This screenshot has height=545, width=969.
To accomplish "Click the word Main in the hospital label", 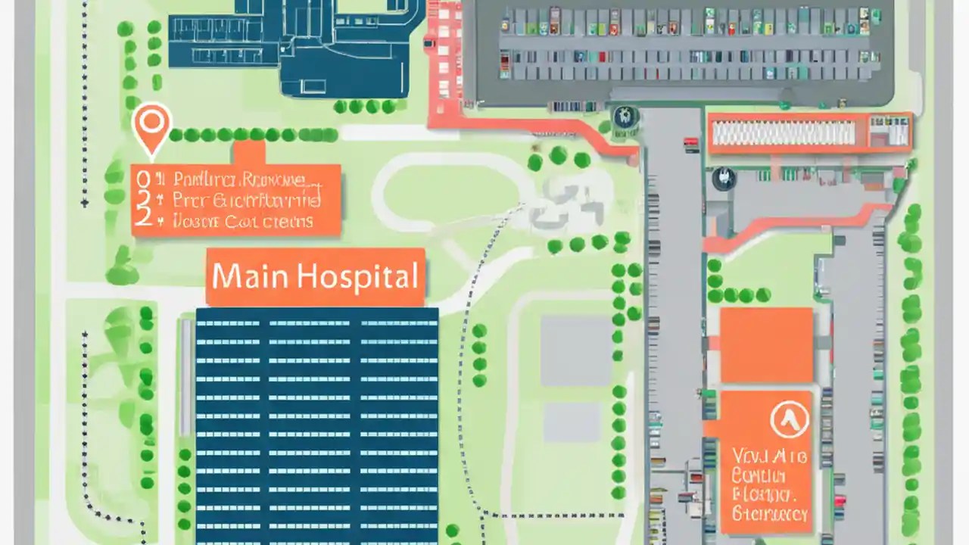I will coord(248,276).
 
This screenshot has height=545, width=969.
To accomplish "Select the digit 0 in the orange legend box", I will coord(141,179).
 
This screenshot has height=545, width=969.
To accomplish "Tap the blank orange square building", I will coord(765,344).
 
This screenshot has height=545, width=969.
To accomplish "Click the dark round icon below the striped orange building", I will coord(724,179).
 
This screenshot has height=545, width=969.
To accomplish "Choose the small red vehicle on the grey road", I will coord(690,142).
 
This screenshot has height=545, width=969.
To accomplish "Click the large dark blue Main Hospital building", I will coord(316,424).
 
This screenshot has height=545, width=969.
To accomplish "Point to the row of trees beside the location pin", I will coord(254,135).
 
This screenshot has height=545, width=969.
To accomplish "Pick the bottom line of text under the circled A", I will coord(770,515).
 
